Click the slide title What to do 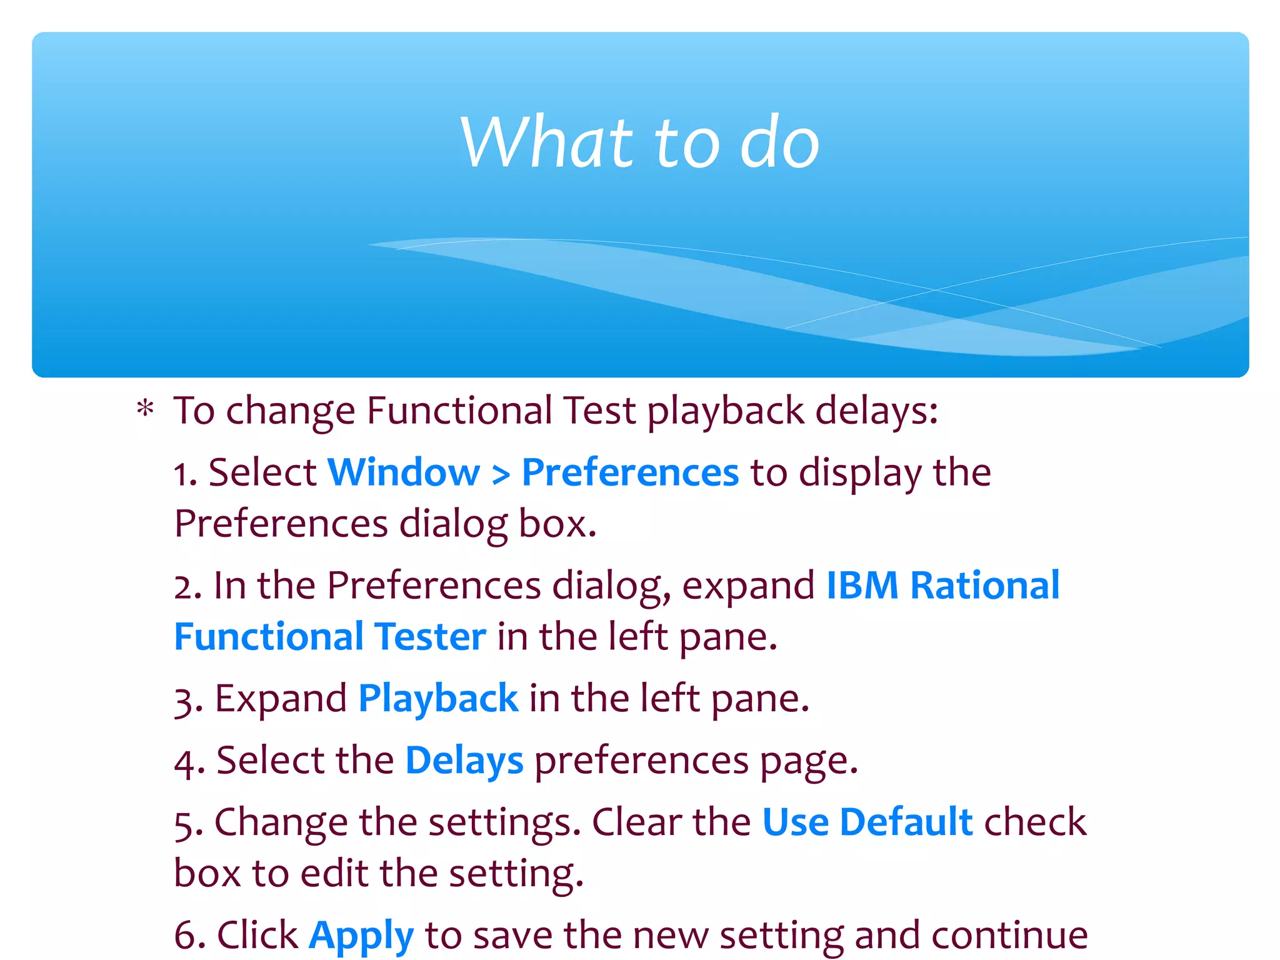point(639,142)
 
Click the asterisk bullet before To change point(145,410)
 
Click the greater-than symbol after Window point(501,474)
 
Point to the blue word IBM point(862,586)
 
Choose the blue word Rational point(985,586)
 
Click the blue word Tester point(431,636)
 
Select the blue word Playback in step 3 point(438,698)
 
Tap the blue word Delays point(464,761)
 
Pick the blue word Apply point(361,936)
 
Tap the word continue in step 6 point(1009,936)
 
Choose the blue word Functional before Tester point(269,636)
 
